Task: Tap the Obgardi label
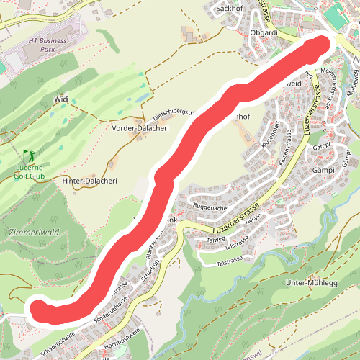[x=264, y=32]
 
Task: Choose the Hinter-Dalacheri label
[x=91, y=181]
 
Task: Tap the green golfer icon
[x=29, y=155]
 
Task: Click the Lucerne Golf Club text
[x=30, y=171]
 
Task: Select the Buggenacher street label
[x=212, y=206]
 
